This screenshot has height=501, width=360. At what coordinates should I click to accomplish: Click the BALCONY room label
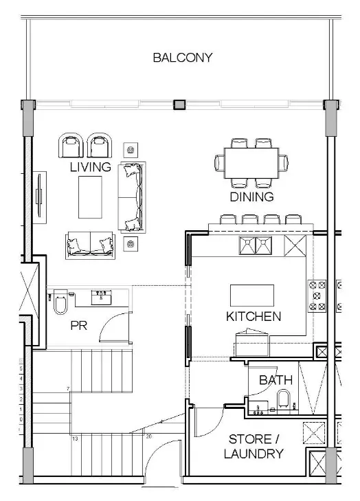point(182,58)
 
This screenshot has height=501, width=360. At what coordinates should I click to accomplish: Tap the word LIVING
point(90,167)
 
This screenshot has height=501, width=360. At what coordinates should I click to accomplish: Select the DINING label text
point(251,197)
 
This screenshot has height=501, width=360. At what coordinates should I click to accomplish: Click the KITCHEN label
point(254,317)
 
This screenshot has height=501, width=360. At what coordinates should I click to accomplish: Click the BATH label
point(275,379)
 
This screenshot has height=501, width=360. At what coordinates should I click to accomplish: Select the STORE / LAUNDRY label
point(254,447)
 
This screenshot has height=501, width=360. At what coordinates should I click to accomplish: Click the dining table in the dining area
point(251,163)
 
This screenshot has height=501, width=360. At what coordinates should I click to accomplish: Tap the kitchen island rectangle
point(251,296)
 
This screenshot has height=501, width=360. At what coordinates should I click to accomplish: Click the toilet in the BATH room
point(283,400)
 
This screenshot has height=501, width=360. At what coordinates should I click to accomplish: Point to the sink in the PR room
point(102,297)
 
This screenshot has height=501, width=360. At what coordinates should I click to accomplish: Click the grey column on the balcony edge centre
point(180,104)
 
